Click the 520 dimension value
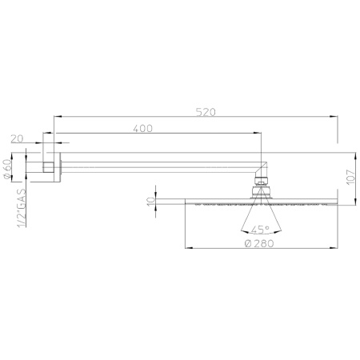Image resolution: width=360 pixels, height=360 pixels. (x=206, y=112)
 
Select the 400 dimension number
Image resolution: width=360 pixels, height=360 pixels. (x=143, y=129)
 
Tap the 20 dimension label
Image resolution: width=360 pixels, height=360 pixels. (x=18, y=138)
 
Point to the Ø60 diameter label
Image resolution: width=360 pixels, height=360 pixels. (x=7, y=169)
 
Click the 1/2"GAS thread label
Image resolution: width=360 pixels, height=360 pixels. (x=22, y=208)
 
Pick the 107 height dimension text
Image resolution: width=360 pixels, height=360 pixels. (x=351, y=177)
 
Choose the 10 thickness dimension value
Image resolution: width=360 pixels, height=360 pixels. (x=151, y=201)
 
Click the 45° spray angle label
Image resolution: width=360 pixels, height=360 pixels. (x=260, y=230)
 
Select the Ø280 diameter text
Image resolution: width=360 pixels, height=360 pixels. (x=259, y=243)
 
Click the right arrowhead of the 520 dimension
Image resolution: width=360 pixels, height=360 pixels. (x=334, y=116)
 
